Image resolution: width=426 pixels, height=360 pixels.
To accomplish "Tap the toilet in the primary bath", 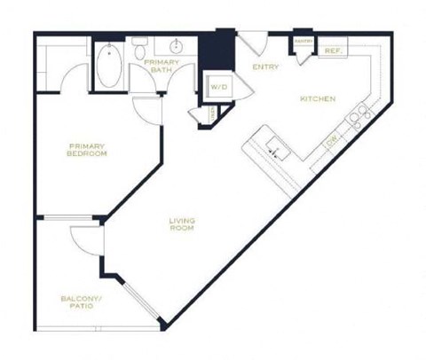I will point(140,52).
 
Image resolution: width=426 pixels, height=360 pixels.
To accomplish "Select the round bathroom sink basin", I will point(175,46).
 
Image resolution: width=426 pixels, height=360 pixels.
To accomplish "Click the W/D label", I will point(218,86).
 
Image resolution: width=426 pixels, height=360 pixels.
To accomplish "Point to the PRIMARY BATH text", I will point(162,67).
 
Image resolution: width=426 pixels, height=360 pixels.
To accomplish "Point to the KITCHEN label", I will point(317,98).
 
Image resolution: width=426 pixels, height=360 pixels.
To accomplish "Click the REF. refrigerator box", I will point(333,51).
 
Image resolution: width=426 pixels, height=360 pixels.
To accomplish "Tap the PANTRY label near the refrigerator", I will point(304,42).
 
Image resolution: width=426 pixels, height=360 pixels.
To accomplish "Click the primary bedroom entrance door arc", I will point(143,111).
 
